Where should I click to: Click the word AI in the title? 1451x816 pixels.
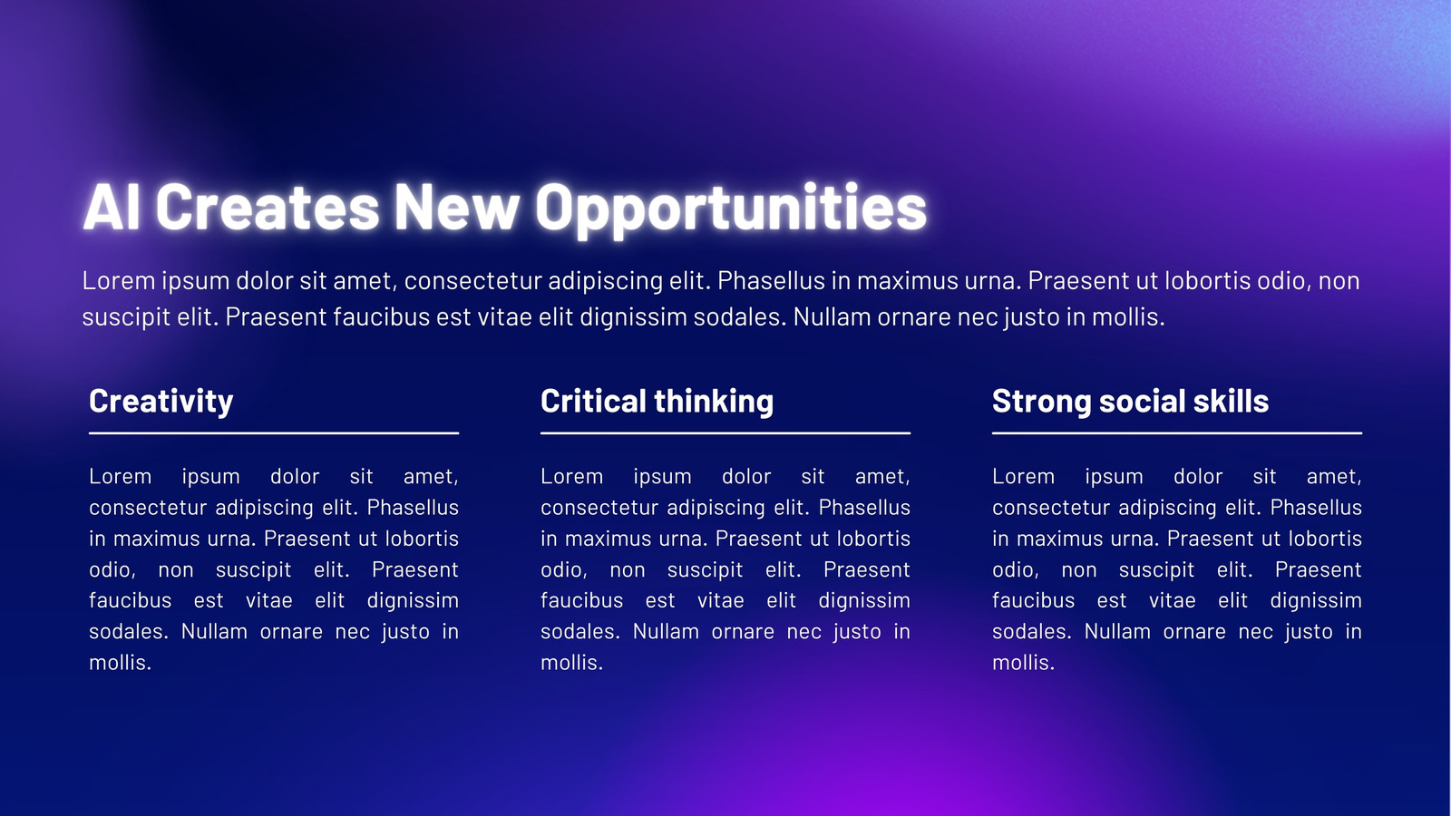112,207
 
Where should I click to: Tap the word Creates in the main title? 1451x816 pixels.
268,207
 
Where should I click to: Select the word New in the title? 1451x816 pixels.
457,207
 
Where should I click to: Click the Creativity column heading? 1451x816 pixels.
161,402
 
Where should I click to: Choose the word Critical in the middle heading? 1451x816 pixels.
592,401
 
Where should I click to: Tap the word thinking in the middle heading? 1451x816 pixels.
714,402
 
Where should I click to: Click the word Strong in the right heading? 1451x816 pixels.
1041,402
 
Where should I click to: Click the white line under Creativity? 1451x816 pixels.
274,433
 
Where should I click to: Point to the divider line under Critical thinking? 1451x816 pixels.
725,433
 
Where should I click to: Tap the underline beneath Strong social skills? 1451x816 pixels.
1177,433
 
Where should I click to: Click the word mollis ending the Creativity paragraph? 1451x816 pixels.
120,663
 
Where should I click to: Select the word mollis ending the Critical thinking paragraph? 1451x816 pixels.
571,663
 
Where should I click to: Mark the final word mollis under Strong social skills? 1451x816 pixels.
1023,663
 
